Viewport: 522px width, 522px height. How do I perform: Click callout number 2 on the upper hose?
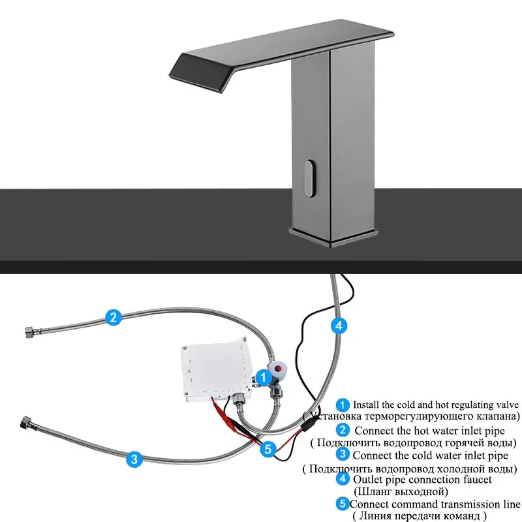point(113,318)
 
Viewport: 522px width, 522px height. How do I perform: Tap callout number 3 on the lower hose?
point(134,459)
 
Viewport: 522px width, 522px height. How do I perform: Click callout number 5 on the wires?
point(268,449)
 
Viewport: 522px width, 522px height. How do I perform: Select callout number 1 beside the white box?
point(262,376)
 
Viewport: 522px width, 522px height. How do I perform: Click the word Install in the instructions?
point(367,405)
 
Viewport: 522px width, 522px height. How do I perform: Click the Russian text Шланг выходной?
point(401,491)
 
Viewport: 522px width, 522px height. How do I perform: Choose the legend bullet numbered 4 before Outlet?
point(343,480)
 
